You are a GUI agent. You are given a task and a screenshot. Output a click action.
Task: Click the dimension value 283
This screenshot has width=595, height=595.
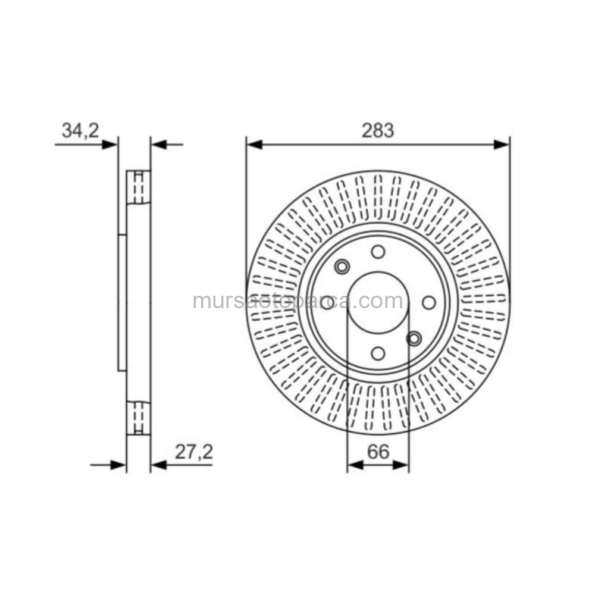(378, 130)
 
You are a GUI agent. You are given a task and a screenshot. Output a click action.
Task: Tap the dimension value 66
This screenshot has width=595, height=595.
(378, 452)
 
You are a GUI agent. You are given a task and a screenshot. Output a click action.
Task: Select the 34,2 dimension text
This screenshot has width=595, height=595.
(80, 130)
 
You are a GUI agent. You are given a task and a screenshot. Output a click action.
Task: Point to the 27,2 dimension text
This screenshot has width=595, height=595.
(194, 452)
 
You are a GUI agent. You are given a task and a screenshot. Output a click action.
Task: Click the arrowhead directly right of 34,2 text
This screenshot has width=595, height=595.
(110, 144)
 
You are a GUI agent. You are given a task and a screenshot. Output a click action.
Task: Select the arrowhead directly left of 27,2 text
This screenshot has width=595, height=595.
(158, 465)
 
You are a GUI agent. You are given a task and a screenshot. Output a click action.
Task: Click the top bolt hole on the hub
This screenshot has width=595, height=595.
(378, 252)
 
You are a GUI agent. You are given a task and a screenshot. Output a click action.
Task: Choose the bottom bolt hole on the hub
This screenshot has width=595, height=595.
(378, 353)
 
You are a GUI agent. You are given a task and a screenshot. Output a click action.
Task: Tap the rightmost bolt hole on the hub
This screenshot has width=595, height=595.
(429, 302)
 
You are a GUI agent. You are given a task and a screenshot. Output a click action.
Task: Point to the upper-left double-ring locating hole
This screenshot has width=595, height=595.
(342, 267)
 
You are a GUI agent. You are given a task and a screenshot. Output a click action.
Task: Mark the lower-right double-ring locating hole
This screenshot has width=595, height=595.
(414, 339)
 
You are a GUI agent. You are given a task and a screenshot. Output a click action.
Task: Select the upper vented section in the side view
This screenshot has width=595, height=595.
(139, 187)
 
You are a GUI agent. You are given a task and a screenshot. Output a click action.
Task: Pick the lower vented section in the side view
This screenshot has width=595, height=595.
(139, 418)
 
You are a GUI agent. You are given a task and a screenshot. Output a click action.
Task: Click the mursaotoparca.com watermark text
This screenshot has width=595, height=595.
(297, 301)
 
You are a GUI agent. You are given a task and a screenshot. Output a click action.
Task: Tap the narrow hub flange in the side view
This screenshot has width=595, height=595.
(122, 302)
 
